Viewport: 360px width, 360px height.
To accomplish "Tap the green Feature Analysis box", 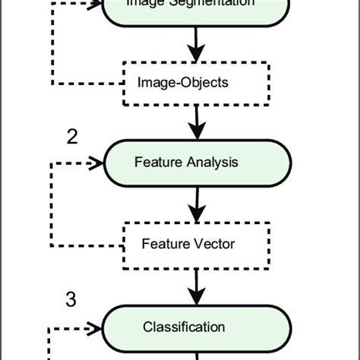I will click(197, 162).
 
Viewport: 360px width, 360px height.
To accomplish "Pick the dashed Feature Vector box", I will click(197, 244).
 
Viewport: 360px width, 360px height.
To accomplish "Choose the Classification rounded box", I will click(197, 327).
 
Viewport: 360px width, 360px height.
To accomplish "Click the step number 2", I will click(72, 137).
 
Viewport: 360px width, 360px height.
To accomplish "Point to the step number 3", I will click(71, 300).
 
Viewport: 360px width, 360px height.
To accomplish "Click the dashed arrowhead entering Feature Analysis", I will click(96, 163).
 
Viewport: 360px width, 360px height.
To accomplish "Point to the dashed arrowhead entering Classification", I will click(96, 328).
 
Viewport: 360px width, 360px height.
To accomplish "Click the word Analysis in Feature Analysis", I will click(216, 162).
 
